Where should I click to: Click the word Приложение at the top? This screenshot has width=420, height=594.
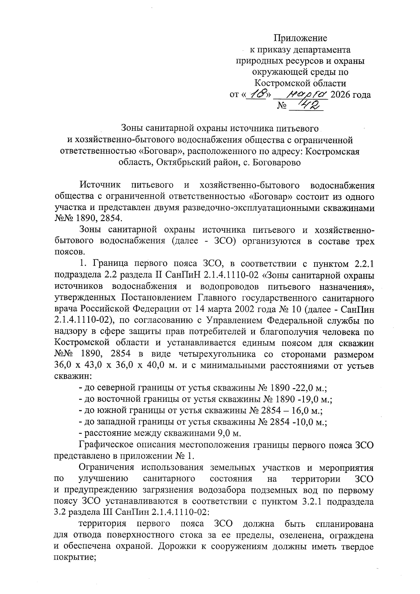tap(300, 38)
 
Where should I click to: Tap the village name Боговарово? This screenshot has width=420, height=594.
tap(276, 162)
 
